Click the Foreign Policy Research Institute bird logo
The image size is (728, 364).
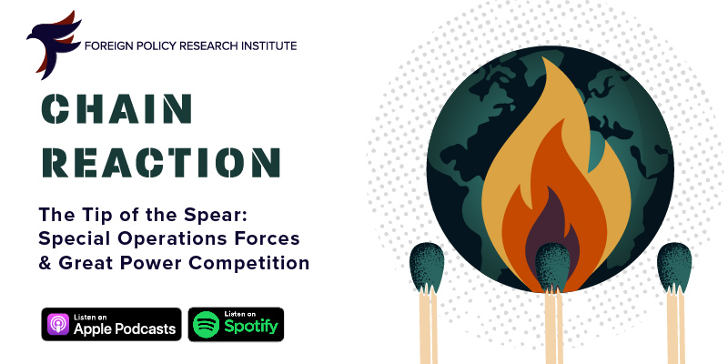(53, 44)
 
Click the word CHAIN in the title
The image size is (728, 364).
(116, 109)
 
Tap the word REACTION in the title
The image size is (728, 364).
(161, 163)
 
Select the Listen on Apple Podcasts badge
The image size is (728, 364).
(111, 324)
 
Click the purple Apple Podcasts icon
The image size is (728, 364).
(58, 324)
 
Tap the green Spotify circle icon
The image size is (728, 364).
(207, 324)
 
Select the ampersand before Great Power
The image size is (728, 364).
(45, 263)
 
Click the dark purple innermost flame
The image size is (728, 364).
(552, 223)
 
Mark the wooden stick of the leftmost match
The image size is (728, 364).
(428, 325)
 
